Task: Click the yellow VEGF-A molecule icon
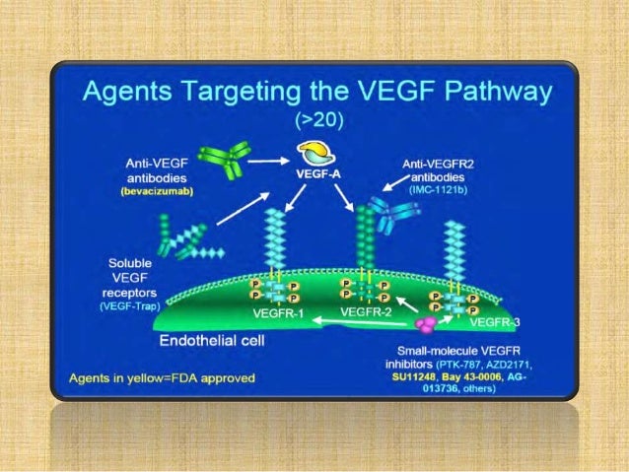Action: coord(319,152)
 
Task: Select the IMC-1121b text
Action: coord(441,189)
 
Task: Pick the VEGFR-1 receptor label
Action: coord(281,313)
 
